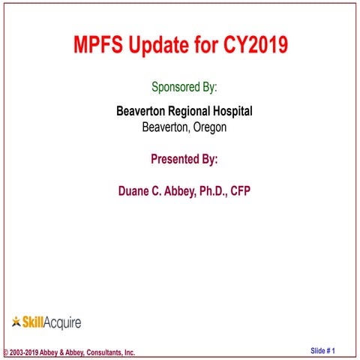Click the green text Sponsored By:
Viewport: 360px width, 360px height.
point(184,87)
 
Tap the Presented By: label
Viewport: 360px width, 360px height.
point(184,159)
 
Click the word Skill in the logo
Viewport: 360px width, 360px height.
point(34,322)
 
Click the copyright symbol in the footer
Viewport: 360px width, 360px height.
point(6,352)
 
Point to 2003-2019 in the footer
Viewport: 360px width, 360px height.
point(25,352)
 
